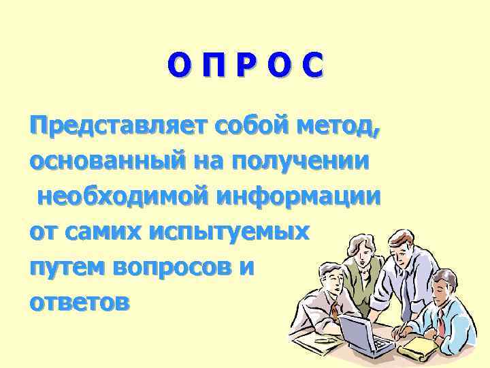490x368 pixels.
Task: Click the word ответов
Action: (78, 303)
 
